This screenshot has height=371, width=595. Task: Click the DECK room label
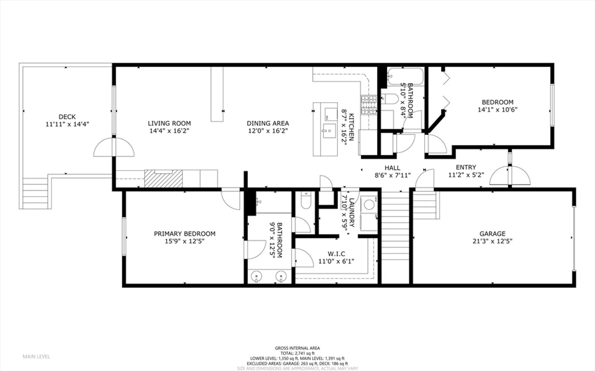67,117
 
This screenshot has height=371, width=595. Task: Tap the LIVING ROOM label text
169,123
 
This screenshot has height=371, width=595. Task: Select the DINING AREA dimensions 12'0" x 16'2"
268,131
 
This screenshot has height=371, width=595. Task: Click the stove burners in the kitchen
369,105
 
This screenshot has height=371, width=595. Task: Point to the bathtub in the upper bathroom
405,76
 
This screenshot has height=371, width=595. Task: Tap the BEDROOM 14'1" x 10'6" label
497,106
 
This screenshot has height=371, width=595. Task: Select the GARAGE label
492,234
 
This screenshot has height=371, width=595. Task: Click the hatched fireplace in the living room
163,179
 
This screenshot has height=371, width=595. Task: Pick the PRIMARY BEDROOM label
184,234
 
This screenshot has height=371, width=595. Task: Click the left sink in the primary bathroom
256,276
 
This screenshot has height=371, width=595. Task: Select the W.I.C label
336,254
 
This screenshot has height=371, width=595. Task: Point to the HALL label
392,168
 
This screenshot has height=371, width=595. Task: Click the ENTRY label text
466,167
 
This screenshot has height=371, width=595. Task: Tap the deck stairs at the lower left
35,193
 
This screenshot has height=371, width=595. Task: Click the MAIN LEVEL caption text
36,356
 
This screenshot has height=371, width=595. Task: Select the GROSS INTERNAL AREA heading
297,348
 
